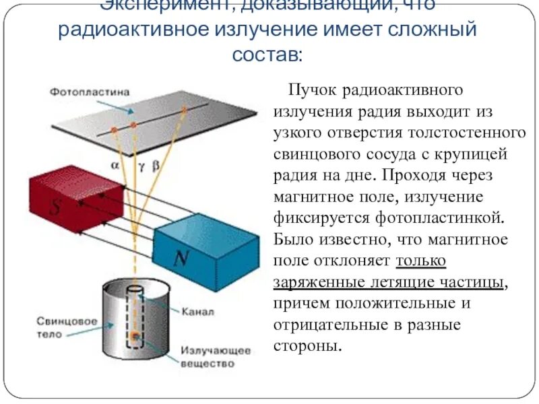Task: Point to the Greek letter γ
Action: [x=141, y=164]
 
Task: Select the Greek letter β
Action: [x=156, y=163]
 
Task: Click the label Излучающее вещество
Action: [x=215, y=357]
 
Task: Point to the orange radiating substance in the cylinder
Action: [x=136, y=335]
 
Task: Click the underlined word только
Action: [x=420, y=261]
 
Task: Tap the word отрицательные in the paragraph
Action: [x=325, y=325]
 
